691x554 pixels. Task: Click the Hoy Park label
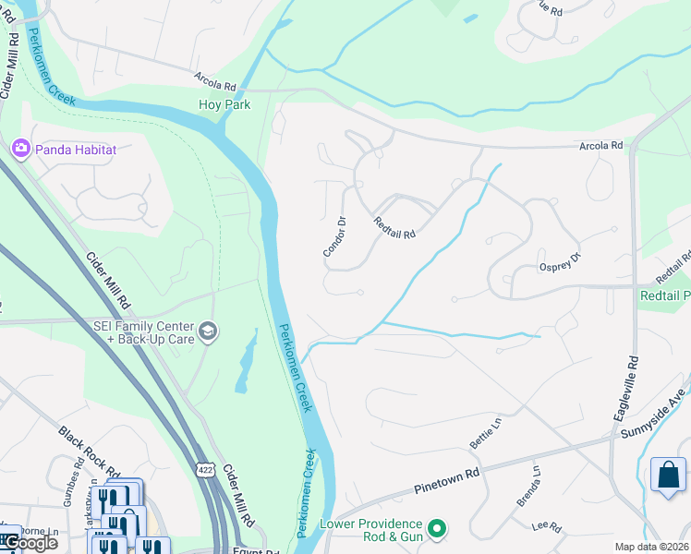[224, 105]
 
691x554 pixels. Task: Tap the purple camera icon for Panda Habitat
[19, 148]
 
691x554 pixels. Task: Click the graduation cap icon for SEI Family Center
[209, 331]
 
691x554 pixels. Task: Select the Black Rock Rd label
[90, 452]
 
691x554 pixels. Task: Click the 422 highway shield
[204, 470]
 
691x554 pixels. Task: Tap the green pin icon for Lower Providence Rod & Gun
[438, 529]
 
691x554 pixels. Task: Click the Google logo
[30, 543]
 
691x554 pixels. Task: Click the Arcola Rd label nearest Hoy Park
[215, 81]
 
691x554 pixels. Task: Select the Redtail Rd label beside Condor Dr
[394, 227]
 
